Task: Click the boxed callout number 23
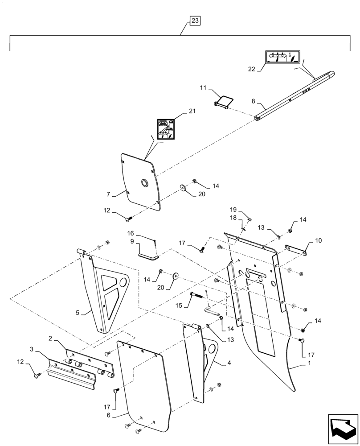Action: (x=195, y=21)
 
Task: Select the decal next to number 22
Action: (x=281, y=58)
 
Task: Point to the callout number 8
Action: (x=253, y=101)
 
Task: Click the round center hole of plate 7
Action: (x=145, y=182)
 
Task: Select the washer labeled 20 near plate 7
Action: (x=183, y=186)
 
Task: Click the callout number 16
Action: (x=131, y=233)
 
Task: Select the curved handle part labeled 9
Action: (x=148, y=256)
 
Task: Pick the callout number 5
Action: (x=78, y=313)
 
